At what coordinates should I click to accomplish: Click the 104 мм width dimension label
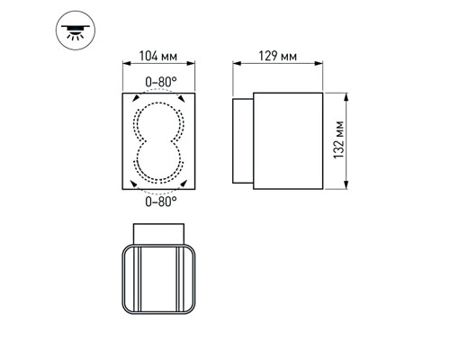tap(157, 56)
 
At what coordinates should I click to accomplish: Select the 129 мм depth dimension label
tap(277, 56)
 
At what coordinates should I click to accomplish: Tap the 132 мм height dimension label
tap(338, 139)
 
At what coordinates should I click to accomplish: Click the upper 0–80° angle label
tap(160, 82)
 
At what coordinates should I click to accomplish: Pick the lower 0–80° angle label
tap(160, 202)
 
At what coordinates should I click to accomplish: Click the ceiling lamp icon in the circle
tap(76, 31)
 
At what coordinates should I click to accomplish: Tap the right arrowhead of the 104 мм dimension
tap(191, 63)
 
